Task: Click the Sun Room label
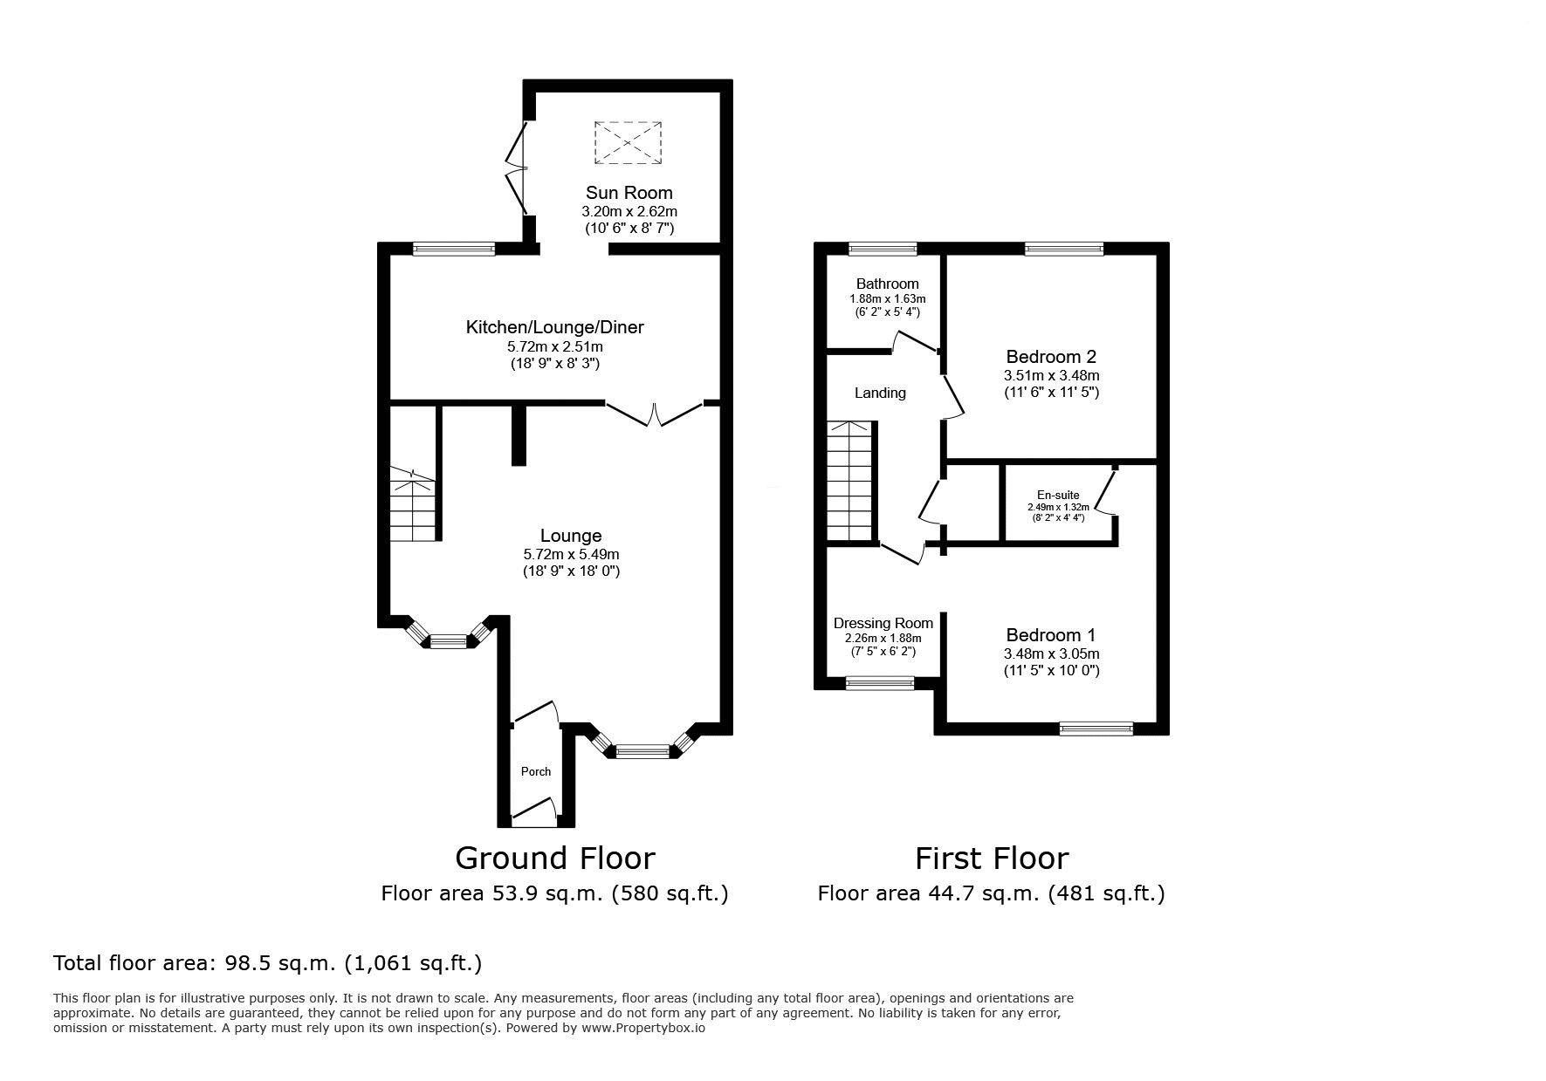tap(629, 193)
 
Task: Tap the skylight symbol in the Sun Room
tap(628, 142)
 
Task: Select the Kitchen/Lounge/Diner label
tap(554, 327)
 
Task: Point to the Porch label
tap(536, 771)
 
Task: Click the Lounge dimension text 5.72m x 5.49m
tap(571, 554)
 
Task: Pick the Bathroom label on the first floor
tap(887, 284)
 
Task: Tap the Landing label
tap(880, 393)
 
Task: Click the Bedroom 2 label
tap(1051, 357)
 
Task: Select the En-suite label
tap(1058, 495)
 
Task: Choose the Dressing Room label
tap(883, 623)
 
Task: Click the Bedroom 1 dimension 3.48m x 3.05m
tap(1051, 653)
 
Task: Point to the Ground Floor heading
tap(555, 859)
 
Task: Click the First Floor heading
tap(992, 859)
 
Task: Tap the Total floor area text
tap(267, 963)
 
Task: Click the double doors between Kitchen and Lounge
tap(655, 414)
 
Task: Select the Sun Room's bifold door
tap(519, 168)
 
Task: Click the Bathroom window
tap(883, 250)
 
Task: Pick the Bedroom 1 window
tap(1096, 729)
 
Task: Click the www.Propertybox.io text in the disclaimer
tap(644, 1028)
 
